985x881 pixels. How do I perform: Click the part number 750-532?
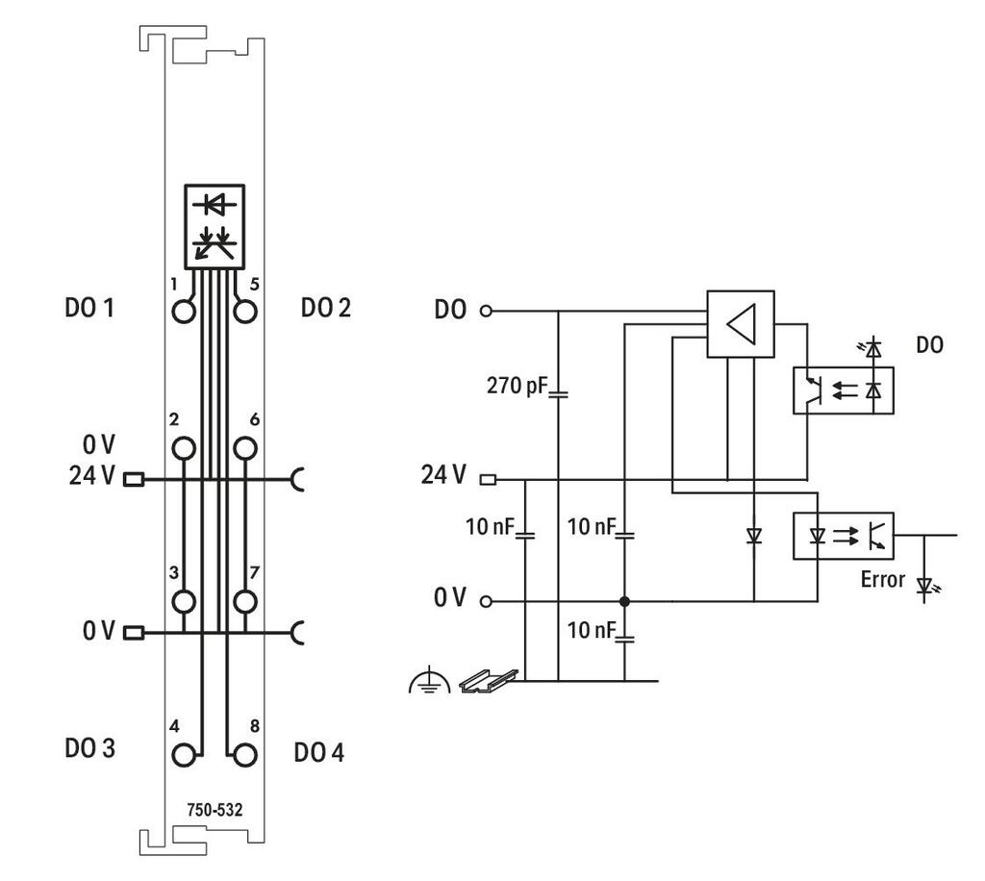[215, 810]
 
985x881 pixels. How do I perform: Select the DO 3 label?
[89, 748]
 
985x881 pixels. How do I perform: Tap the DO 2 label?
[325, 308]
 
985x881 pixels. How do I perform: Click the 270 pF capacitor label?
[517, 385]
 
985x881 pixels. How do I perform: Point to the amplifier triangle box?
[741, 324]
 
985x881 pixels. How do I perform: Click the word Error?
[883, 579]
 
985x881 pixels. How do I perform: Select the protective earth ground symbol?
[429, 680]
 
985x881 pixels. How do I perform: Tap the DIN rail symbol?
[489, 681]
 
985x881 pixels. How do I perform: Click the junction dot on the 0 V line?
[623, 601]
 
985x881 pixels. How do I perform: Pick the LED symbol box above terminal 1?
[215, 227]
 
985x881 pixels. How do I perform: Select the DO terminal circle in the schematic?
[486, 311]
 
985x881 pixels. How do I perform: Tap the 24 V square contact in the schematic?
[488, 480]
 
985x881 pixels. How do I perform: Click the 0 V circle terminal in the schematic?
[486, 601]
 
